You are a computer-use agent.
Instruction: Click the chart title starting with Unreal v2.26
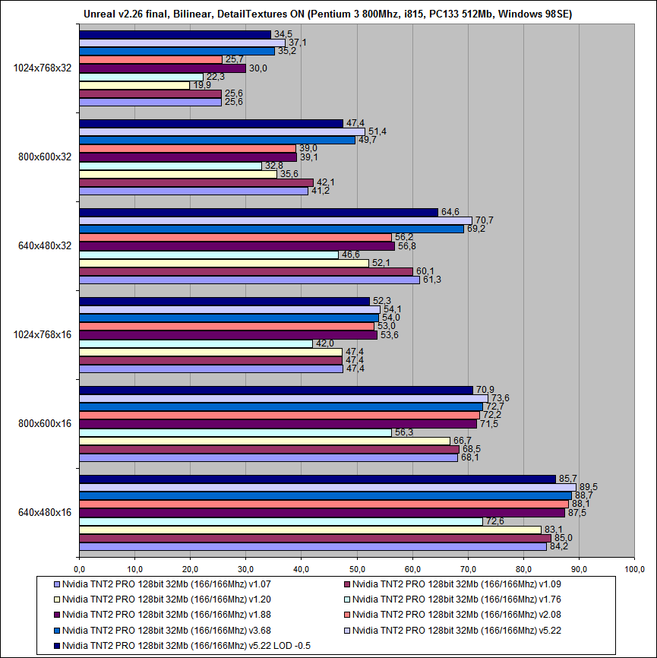pyautogui.click(x=328, y=13)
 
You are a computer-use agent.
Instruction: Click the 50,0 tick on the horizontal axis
pyautogui.click(x=356, y=568)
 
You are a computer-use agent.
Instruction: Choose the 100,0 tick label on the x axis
pyautogui.click(x=633, y=568)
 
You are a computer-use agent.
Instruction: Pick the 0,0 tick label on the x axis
pyautogui.click(x=79, y=568)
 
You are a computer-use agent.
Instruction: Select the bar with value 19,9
pyautogui.click(x=134, y=85)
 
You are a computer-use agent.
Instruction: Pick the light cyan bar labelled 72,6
pyautogui.click(x=280, y=521)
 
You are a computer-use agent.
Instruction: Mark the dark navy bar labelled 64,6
pyautogui.click(x=258, y=212)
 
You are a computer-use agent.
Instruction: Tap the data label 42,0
pyautogui.click(x=325, y=343)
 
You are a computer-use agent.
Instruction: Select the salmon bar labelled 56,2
pyautogui.click(x=235, y=237)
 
